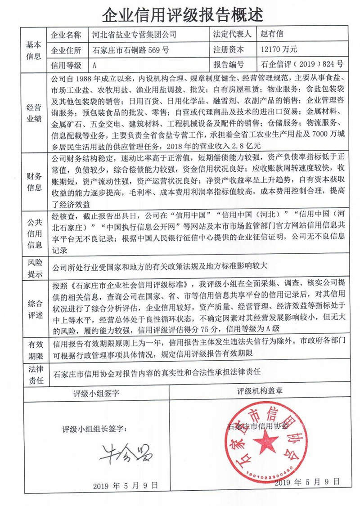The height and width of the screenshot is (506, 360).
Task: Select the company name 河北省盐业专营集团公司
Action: tap(134, 35)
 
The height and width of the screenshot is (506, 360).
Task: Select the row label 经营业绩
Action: tap(34, 113)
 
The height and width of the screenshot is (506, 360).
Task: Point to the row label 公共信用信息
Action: tap(34, 233)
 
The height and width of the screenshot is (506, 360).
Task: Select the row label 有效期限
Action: tap(34, 349)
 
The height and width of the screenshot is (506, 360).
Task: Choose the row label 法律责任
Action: tap(34, 374)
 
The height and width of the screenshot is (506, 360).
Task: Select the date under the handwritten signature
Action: tap(126, 486)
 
